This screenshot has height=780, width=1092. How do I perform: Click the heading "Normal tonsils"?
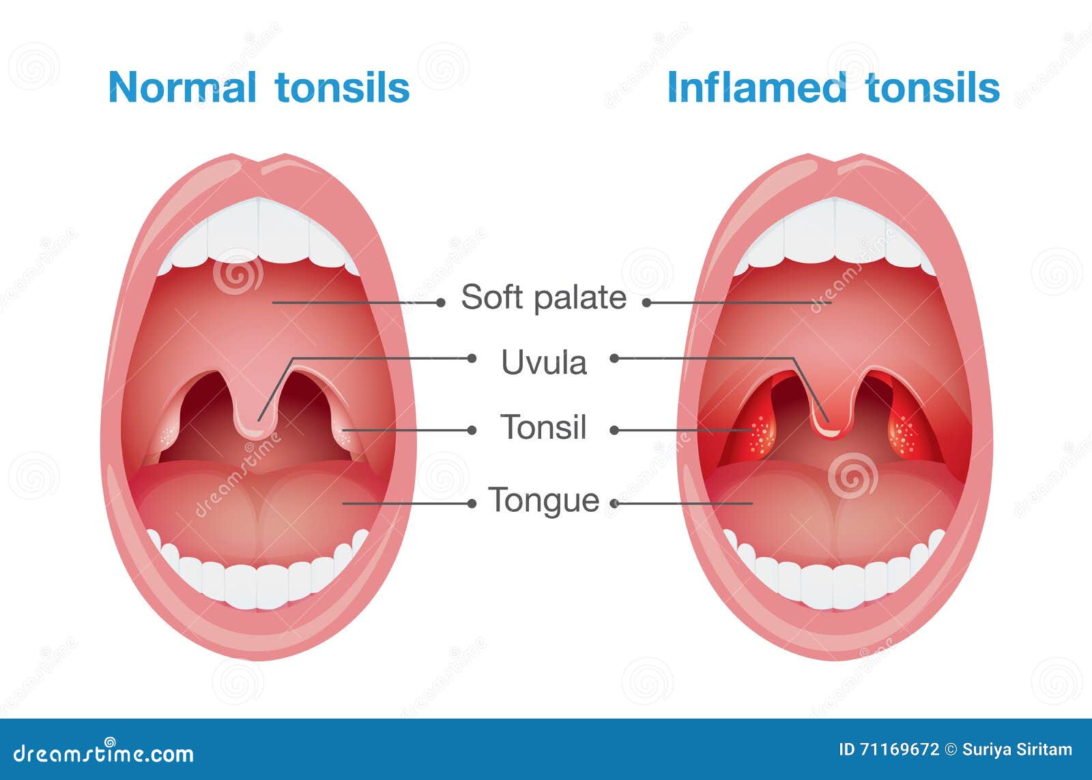pyautogui.click(x=259, y=87)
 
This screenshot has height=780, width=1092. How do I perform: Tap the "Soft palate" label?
pyautogui.click(x=543, y=298)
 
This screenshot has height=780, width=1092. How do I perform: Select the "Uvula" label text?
pyautogui.click(x=544, y=362)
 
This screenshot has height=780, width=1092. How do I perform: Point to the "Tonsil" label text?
pyautogui.click(x=543, y=427)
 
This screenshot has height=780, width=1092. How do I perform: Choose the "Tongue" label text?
pyautogui.click(x=543, y=500)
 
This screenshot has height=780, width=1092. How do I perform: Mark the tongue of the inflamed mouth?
pyautogui.click(x=834, y=508)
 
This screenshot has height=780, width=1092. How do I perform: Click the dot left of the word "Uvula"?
pyautogui.click(x=472, y=358)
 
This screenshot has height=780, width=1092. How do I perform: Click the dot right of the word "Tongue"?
pyautogui.click(x=614, y=504)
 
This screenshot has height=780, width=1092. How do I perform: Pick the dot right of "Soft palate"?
pyautogui.click(x=646, y=302)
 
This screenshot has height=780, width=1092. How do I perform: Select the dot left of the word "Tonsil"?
pyautogui.click(x=472, y=430)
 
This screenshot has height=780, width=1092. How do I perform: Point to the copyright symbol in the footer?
pyautogui.click(x=951, y=749)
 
